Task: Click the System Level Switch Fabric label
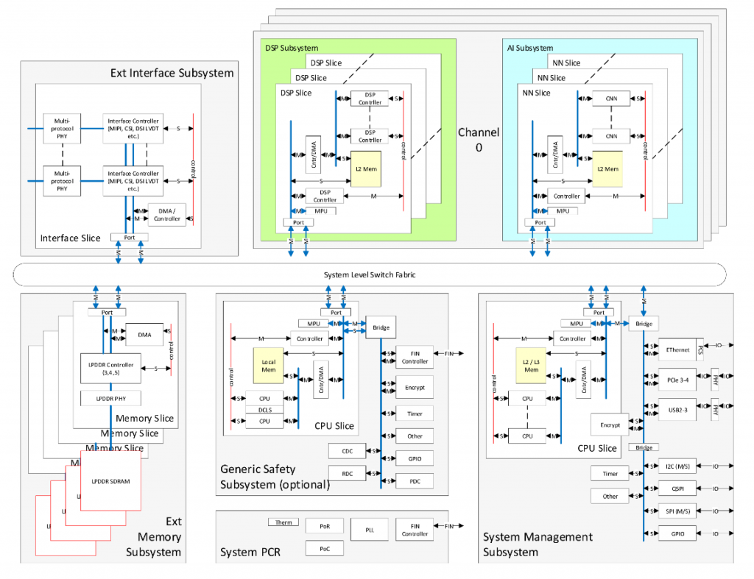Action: click(370, 275)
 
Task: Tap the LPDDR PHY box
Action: click(110, 399)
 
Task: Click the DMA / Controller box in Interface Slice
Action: click(166, 214)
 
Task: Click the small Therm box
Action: click(283, 522)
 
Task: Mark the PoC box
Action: click(325, 548)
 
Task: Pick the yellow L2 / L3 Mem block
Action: click(532, 365)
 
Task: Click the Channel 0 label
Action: click(479, 139)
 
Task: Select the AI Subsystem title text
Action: click(529, 48)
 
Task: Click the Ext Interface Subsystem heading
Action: click(172, 73)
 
